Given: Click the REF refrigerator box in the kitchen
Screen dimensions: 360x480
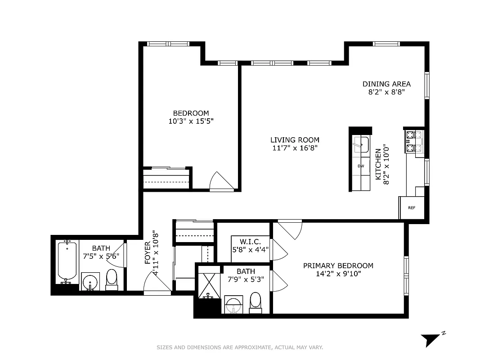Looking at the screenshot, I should [x=412, y=207].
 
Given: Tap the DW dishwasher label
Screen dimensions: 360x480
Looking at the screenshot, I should [x=361, y=166].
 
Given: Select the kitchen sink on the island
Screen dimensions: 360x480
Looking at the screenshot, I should [x=361, y=145].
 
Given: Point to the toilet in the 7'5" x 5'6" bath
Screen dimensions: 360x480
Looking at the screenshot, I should [x=111, y=279].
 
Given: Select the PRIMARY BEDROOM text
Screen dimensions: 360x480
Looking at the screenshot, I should [x=338, y=265].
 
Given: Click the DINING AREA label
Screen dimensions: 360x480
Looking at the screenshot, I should [x=386, y=84].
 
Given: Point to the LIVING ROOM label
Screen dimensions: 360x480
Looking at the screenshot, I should [x=295, y=140].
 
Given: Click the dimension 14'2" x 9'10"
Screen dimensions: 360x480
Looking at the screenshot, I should [x=338, y=273].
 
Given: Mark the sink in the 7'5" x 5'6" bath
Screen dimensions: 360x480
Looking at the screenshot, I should [x=91, y=281].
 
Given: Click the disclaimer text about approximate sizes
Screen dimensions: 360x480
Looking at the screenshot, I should [x=240, y=347].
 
